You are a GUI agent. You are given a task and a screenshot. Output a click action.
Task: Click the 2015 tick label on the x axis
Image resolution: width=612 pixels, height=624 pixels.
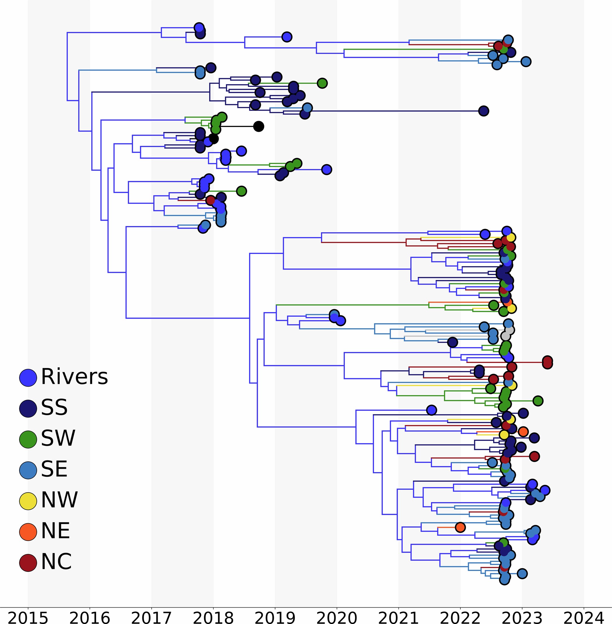pyautogui.click(x=28, y=617)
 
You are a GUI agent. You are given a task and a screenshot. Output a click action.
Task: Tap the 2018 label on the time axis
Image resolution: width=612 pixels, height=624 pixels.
pyautogui.click(x=213, y=617)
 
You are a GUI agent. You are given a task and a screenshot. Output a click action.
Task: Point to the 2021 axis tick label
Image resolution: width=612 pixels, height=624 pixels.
pyautogui.click(x=398, y=617)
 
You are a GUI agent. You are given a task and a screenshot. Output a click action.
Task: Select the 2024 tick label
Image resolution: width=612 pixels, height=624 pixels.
pyautogui.click(x=584, y=617)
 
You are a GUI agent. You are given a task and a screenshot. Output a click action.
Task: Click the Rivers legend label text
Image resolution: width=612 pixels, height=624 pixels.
pyautogui.click(x=74, y=377)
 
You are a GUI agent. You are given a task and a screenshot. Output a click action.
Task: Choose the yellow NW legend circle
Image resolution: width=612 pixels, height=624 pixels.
pyautogui.click(x=28, y=501)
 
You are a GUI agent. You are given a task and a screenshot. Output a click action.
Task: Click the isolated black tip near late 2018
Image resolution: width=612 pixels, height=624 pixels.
pyautogui.click(x=258, y=126)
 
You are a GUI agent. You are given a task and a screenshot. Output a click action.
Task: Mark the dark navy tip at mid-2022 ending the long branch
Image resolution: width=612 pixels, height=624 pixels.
pyautogui.click(x=483, y=111)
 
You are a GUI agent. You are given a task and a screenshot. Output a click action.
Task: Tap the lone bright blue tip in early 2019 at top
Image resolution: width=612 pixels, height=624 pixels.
pyautogui.click(x=287, y=37)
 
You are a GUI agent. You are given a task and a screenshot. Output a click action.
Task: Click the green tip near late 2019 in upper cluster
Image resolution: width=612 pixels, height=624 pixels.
pyautogui.click(x=322, y=83)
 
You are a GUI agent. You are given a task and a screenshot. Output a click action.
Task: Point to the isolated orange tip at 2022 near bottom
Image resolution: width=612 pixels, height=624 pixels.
pyautogui.click(x=460, y=527)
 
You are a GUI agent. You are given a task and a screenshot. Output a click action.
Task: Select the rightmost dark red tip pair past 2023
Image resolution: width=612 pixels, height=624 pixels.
pyautogui.click(x=547, y=362)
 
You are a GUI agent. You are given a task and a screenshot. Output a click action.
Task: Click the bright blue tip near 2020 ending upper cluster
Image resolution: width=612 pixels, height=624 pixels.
pyautogui.click(x=326, y=169)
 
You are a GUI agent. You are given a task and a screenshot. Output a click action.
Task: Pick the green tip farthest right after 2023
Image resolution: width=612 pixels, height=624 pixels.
pyautogui.click(x=538, y=401)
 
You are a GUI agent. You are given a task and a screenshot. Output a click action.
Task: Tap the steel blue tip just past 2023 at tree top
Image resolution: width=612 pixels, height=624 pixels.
pyautogui.click(x=526, y=61)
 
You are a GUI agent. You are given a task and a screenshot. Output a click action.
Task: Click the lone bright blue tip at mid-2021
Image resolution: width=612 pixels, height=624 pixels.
pyautogui.click(x=431, y=410)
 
